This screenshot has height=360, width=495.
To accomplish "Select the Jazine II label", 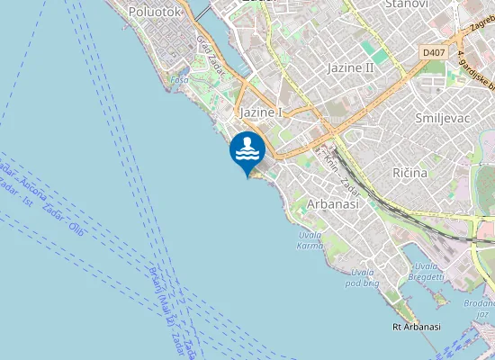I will pyautogui.click(x=351, y=67).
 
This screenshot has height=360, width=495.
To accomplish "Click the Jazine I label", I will pyautogui.click(x=262, y=112).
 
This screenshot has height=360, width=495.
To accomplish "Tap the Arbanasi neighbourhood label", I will pyautogui.click(x=333, y=204).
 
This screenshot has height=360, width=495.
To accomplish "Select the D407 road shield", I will pyautogui.click(x=434, y=54).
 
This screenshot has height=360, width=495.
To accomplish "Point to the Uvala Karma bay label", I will pyautogui.click(x=310, y=240).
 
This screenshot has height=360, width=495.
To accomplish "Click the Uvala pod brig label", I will pyautogui.click(x=362, y=276).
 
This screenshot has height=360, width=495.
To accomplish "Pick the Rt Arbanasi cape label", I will pyautogui.click(x=417, y=327).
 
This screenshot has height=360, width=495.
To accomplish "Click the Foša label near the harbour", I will pyautogui.click(x=179, y=80).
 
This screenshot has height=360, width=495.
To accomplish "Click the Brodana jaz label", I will pyautogui.click(x=476, y=310).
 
